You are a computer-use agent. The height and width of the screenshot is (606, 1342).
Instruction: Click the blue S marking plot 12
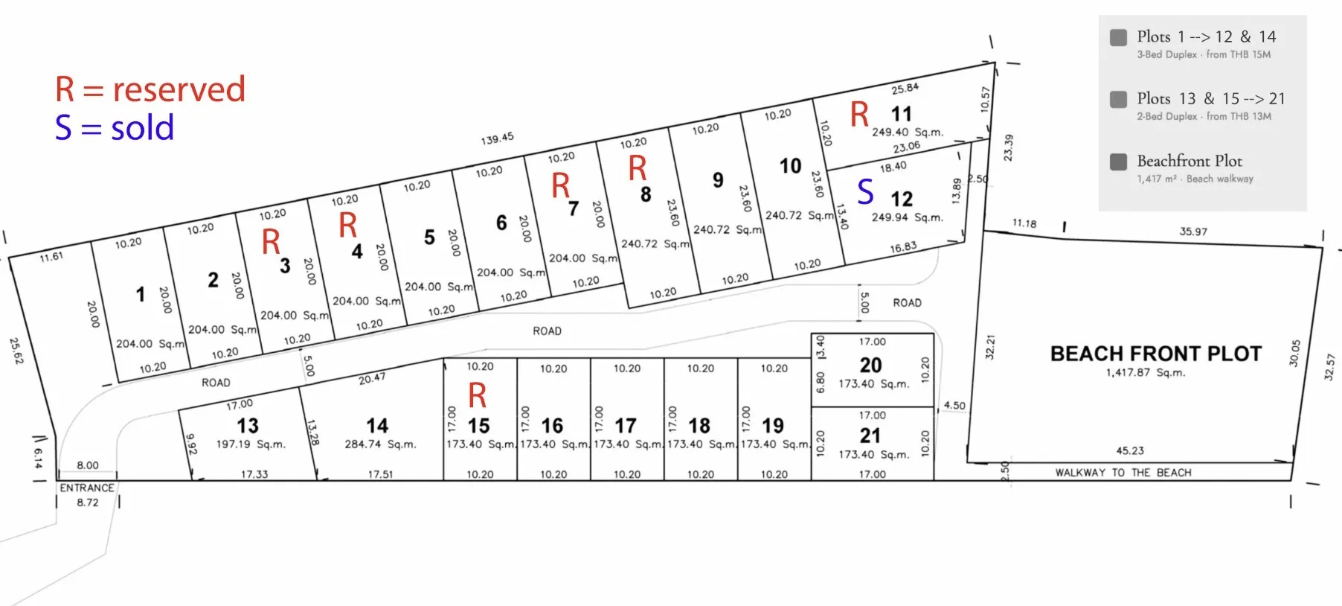[865, 192]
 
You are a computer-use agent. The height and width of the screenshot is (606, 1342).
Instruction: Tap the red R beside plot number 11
[860, 115]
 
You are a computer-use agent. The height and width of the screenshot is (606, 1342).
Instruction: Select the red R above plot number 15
[478, 396]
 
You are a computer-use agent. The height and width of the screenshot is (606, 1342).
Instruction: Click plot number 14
[377, 426]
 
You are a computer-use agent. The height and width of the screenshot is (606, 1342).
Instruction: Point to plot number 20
[871, 366]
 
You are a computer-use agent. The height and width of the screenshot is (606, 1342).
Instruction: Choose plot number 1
[141, 295]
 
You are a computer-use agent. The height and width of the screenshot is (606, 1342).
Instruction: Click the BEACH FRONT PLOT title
[1156, 354]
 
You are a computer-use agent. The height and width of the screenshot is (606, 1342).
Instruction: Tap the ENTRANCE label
[87, 488]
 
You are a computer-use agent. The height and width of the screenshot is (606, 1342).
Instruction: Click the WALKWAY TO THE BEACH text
[1123, 473]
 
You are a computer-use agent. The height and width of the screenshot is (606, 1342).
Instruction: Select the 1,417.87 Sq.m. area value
[1146, 373]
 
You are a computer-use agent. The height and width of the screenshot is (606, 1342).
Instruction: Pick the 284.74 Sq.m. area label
[380, 444]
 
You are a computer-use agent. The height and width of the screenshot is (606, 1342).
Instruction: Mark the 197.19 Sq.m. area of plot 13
[251, 444]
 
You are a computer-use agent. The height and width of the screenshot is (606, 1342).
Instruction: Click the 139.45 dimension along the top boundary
[497, 139]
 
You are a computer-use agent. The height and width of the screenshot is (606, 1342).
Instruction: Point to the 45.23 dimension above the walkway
[1130, 450]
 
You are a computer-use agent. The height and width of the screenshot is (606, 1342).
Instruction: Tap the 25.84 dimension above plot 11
[905, 89]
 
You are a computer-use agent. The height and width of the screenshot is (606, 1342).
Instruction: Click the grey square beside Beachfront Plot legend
[1118, 162]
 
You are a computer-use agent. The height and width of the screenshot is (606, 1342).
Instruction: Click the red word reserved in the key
[179, 89]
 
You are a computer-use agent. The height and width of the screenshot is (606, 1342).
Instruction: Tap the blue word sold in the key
[142, 128]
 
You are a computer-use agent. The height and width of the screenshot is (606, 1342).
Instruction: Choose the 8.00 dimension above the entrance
[88, 465]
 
